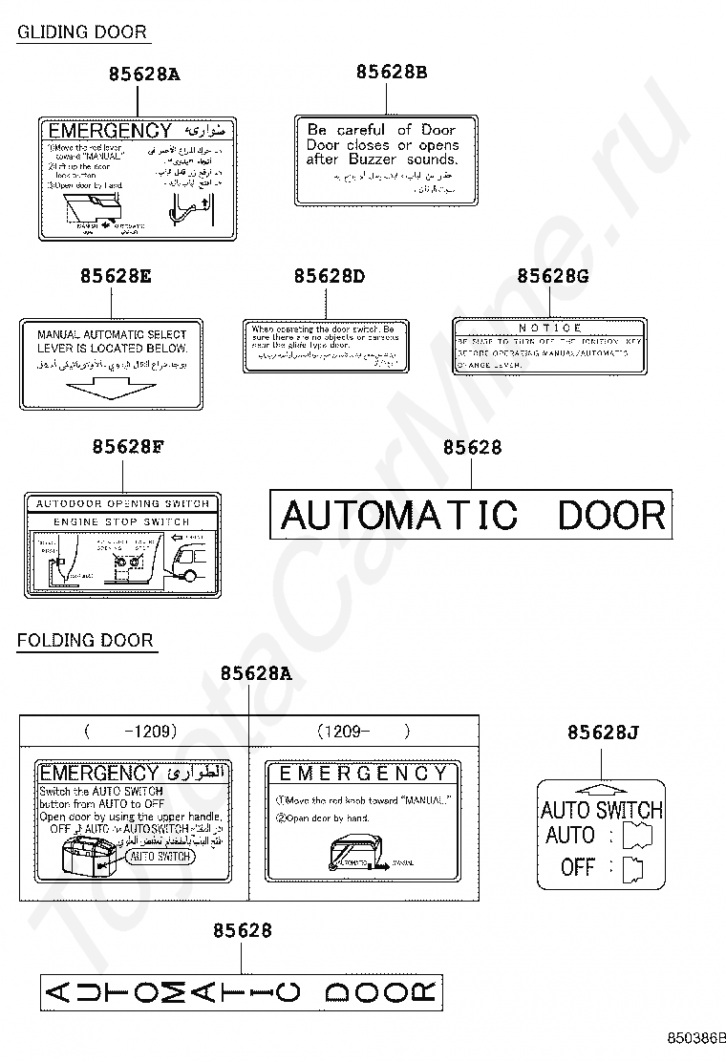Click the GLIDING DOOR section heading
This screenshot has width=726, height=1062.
click(x=82, y=32)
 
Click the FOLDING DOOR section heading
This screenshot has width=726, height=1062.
click(x=85, y=639)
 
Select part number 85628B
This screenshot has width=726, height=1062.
click(x=392, y=72)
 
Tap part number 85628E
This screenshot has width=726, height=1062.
click(x=116, y=276)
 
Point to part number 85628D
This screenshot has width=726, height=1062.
click(x=330, y=276)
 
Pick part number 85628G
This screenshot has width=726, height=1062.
click(x=553, y=276)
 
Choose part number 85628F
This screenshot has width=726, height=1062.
click(x=129, y=447)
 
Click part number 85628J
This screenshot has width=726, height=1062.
click(x=603, y=733)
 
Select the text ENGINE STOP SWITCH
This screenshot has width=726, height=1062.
click(x=121, y=522)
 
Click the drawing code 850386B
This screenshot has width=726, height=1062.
click(x=696, y=1036)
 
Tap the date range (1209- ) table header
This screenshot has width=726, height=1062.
click(x=363, y=732)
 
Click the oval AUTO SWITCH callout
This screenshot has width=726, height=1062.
click(x=160, y=857)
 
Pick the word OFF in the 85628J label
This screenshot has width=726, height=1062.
click(x=578, y=867)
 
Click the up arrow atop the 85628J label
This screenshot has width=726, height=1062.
click(x=602, y=788)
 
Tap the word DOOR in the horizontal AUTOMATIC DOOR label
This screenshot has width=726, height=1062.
click(x=611, y=516)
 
